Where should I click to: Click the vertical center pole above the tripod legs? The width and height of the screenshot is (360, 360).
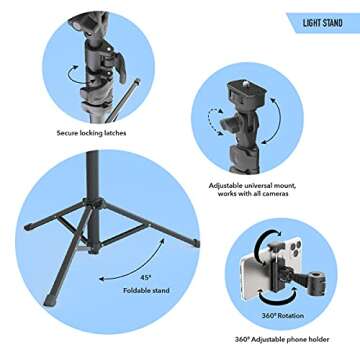click(x=92, y=180)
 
